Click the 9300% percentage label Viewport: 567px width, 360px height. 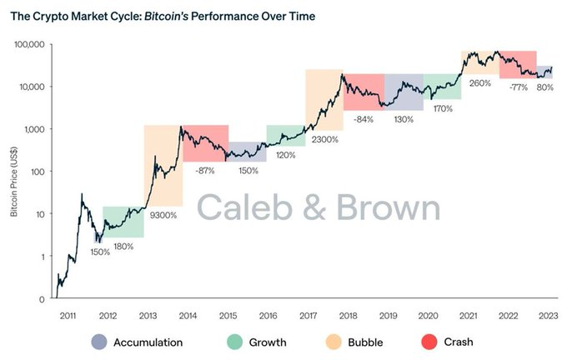point(163,215)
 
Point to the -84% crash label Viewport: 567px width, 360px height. point(363,119)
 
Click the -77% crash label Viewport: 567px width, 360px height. point(518,87)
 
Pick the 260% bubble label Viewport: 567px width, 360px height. point(479,83)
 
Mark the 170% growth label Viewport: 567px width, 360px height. point(443,108)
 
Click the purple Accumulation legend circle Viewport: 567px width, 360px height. point(99,342)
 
